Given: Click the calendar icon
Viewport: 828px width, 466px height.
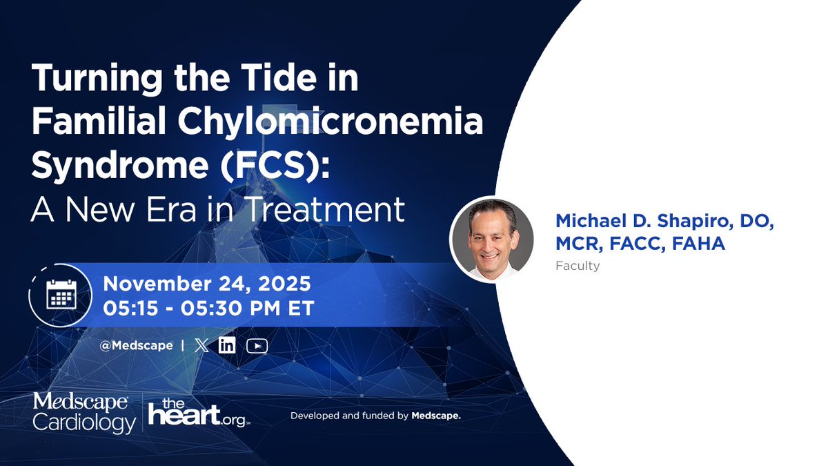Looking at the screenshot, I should tap(61, 295).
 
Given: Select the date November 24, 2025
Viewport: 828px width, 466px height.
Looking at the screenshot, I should tap(207, 284).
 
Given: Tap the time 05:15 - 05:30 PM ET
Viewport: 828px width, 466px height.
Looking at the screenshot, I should tap(208, 308).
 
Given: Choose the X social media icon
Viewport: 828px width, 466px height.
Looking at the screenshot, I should tap(201, 346).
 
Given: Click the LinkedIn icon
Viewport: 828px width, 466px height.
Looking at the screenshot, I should tap(226, 346).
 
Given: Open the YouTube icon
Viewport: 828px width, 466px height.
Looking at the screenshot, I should tap(257, 346).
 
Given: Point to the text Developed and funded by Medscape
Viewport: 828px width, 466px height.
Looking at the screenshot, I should tap(375, 416).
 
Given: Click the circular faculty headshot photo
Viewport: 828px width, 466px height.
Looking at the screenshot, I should tap(492, 240).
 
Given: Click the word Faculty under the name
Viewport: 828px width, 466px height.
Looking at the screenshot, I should tap(578, 266).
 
